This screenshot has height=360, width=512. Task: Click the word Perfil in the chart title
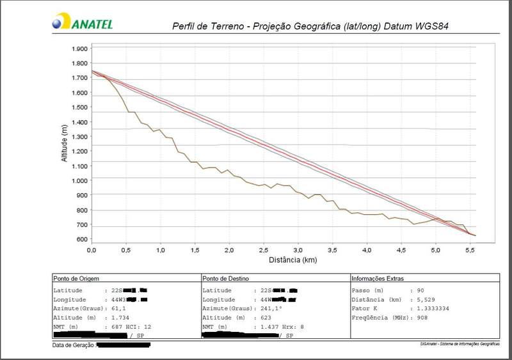point(185,27)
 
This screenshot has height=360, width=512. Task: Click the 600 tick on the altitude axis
point(82,239)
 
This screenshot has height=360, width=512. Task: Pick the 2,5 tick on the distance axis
point(263,250)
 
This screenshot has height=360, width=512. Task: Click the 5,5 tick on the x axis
point(469,250)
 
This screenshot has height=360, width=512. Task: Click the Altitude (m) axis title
point(64,143)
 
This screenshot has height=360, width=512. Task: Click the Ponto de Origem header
point(76,278)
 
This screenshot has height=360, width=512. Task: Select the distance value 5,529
point(426,299)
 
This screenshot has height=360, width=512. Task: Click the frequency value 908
point(422,317)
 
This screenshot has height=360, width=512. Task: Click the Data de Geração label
point(73,345)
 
